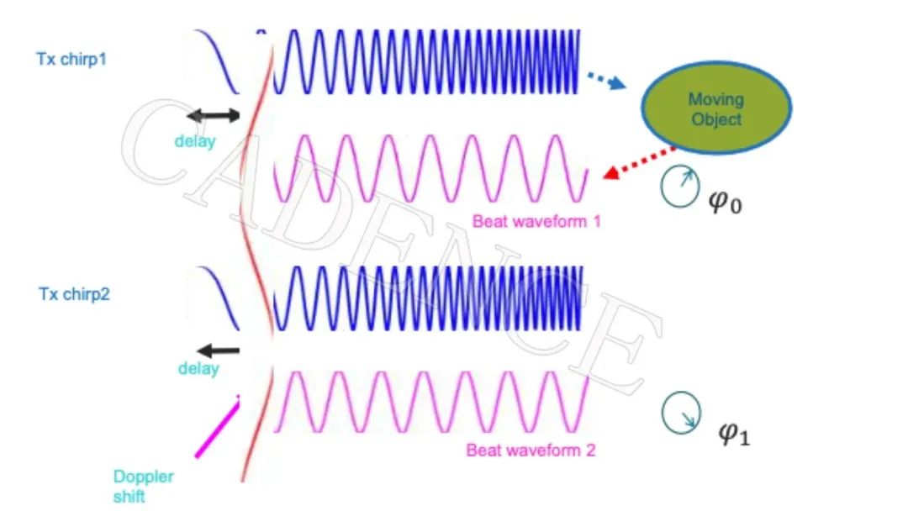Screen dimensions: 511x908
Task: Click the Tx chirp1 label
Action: click(72, 60)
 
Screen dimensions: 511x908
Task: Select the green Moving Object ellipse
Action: click(716, 109)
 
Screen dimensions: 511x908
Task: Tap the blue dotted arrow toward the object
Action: click(605, 77)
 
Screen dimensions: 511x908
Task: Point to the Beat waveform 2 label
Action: click(531, 450)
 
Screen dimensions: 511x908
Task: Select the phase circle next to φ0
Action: click(678, 187)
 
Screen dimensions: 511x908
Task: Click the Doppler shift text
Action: click(143, 486)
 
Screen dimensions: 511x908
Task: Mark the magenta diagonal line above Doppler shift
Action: click(217, 429)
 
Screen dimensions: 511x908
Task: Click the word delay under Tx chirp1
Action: click(195, 140)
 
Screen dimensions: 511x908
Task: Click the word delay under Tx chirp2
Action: click(198, 368)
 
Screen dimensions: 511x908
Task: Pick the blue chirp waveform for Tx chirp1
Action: click(429, 61)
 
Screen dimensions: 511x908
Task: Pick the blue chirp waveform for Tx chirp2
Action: click(429, 298)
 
